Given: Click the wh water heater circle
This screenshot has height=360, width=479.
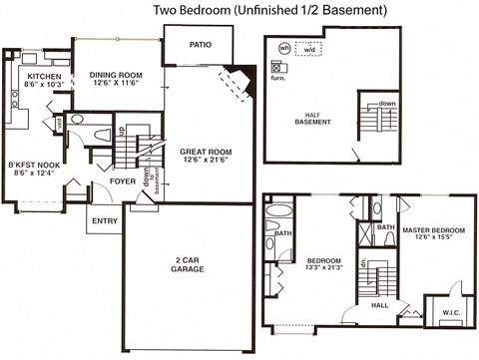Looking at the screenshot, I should (283, 47).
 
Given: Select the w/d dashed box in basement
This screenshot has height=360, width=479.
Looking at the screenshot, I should (308, 47).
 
